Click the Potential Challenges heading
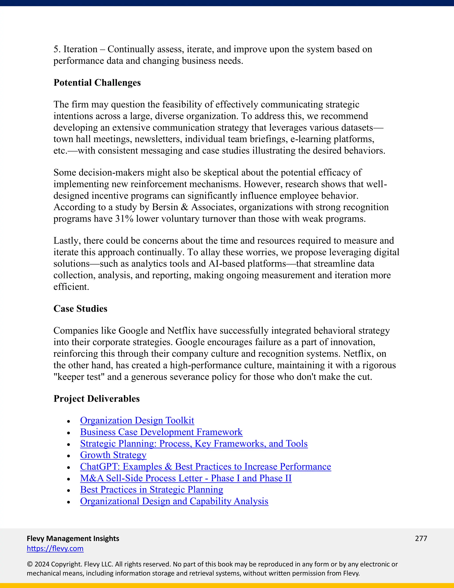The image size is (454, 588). (97, 83)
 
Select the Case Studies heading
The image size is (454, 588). (80, 309)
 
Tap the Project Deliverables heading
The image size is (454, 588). (97, 399)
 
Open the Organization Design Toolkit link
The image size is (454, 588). (137, 420)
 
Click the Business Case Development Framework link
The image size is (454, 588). (161, 432)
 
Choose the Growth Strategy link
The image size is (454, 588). (113, 455)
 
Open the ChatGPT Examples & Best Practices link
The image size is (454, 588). (205, 467)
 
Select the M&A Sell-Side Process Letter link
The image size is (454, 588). (186, 478)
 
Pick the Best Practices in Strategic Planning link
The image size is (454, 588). (151, 490)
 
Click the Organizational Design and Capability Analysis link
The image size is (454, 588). (174, 501)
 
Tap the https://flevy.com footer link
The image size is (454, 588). (55, 549)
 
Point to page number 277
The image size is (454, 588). (421, 539)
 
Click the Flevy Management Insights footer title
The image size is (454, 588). (73, 539)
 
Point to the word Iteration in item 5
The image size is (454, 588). (80, 49)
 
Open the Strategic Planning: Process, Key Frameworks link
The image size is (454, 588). (194, 444)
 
